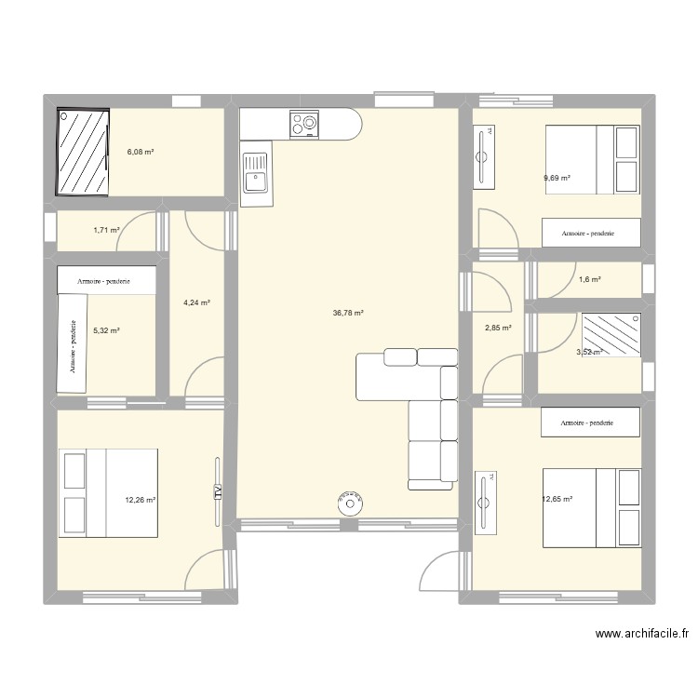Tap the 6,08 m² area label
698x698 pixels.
tap(141, 152)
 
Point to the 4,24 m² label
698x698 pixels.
tap(196, 302)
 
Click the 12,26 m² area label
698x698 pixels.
tap(140, 500)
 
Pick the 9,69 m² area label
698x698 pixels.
tap(557, 178)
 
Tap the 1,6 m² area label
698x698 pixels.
tap(590, 279)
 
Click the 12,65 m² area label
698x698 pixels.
tap(557, 500)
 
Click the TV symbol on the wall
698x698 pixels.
tap(218, 493)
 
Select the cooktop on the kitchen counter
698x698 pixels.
tap(303, 124)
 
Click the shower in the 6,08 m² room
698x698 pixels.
tap(85, 152)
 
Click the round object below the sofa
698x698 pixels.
tap(351, 503)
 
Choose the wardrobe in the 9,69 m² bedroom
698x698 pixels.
tap(591, 233)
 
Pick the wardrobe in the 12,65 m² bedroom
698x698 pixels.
tap(591, 423)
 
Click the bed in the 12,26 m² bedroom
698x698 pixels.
tap(109, 493)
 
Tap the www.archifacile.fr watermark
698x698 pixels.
tap(642, 634)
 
